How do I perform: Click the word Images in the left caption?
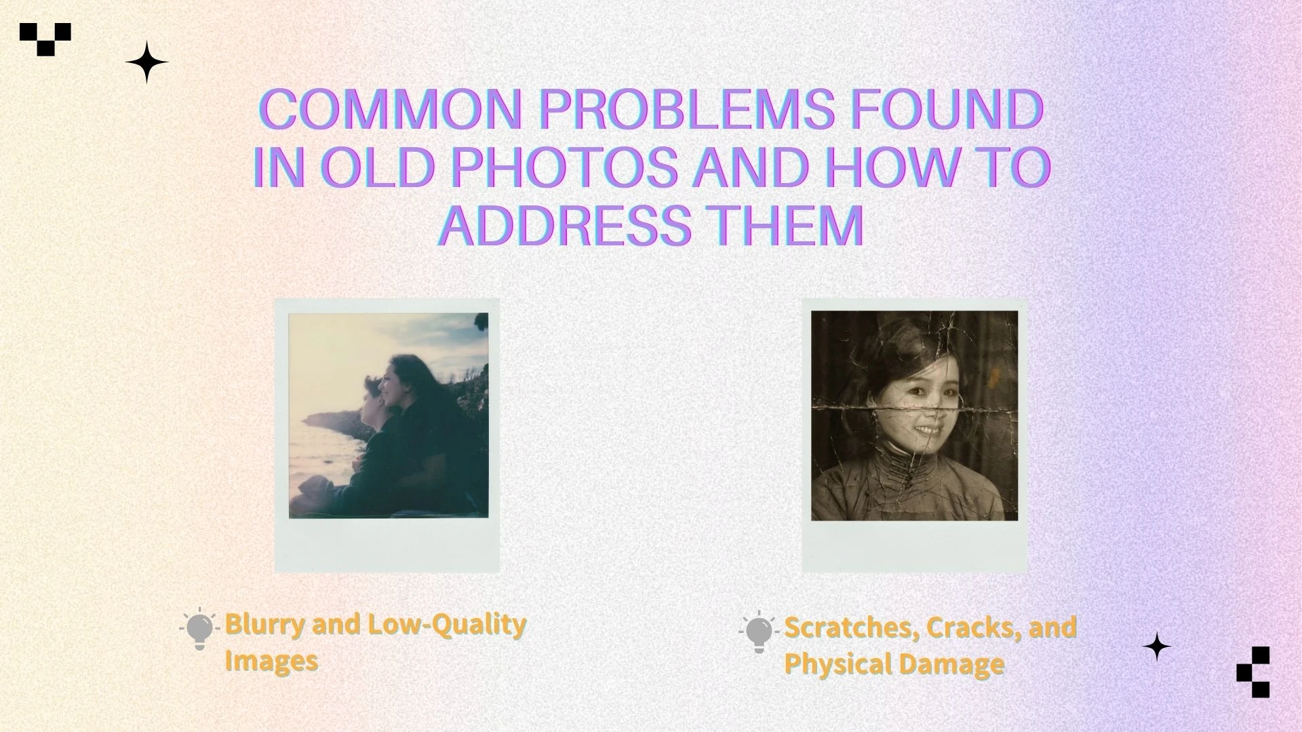click(x=271, y=661)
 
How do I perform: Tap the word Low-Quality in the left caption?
click(x=446, y=624)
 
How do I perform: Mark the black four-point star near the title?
click(x=146, y=62)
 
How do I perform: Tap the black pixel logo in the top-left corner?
click(x=45, y=38)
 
